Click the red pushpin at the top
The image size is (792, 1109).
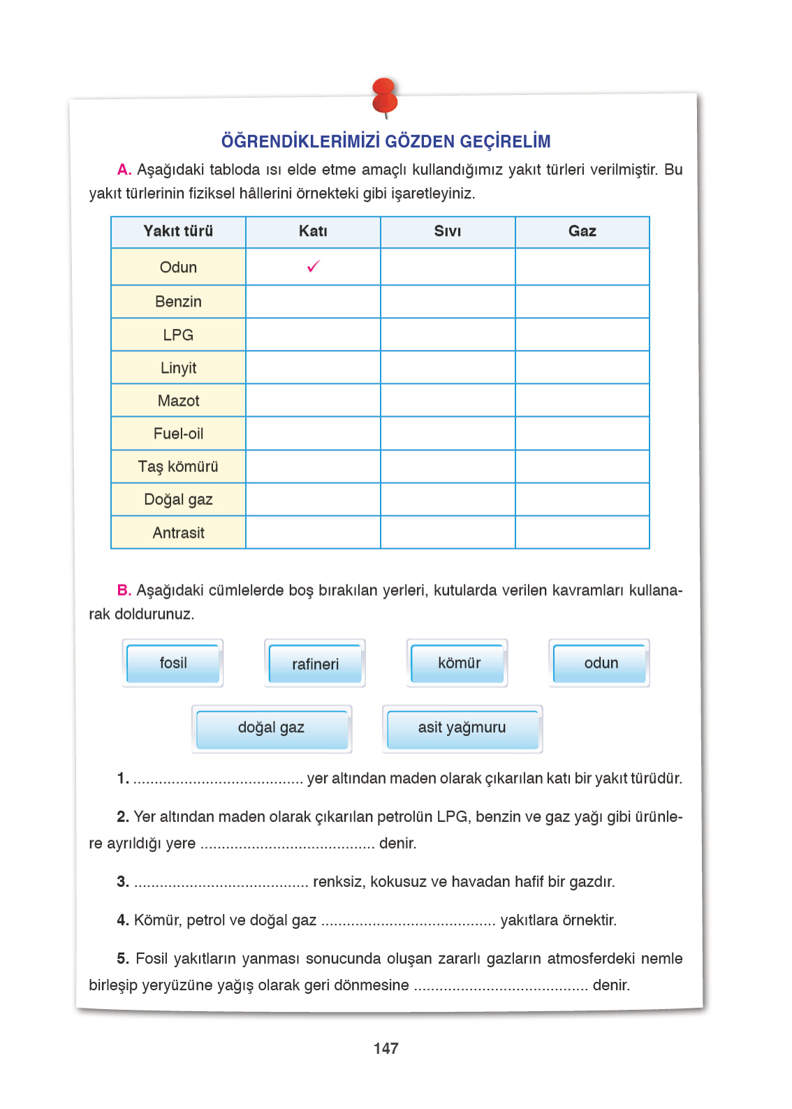click(385, 97)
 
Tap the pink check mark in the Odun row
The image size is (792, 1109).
click(314, 266)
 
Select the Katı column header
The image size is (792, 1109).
click(313, 231)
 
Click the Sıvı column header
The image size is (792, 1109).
click(448, 231)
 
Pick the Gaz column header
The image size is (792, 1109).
click(582, 231)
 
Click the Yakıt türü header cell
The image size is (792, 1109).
click(178, 231)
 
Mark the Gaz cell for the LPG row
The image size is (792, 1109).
click(582, 335)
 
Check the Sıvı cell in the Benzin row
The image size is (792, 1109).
click(448, 302)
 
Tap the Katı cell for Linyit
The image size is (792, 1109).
click(313, 367)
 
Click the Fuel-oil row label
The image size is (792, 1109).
click(178, 434)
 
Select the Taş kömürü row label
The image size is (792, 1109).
click(178, 467)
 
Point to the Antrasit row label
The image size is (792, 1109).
click(178, 533)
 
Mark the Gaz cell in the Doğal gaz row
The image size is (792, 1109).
click(582, 499)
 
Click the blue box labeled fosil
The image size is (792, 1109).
click(173, 663)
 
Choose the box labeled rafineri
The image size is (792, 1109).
click(315, 664)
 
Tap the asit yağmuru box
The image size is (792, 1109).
click(462, 728)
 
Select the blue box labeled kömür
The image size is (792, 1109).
click(459, 663)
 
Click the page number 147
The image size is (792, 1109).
click(386, 1048)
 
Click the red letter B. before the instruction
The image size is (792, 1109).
click(124, 590)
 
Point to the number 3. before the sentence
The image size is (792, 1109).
click(123, 881)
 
